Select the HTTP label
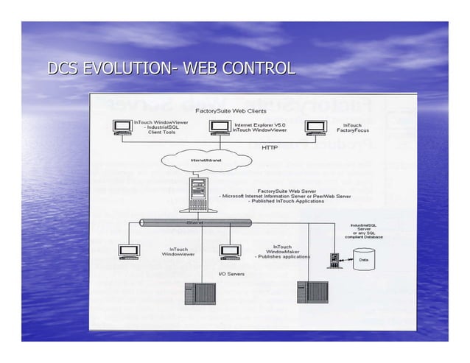point(270,147)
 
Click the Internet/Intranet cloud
point(206,160)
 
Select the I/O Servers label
point(231,274)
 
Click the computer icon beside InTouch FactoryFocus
point(316,127)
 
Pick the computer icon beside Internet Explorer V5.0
point(220,127)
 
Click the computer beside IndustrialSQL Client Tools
point(123,127)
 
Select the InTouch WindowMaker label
point(281,251)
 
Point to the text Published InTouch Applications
point(287,201)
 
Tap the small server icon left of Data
point(334,260)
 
